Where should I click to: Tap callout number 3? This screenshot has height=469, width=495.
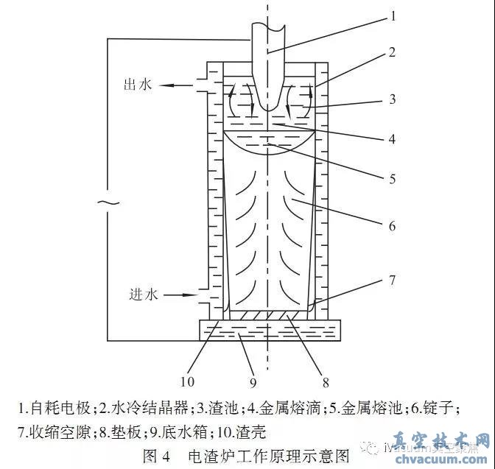[393, 98]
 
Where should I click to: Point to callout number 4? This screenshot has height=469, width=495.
[393, 138]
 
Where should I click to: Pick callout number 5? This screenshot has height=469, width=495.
[393, 178]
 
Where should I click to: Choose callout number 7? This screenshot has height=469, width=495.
[393, 280]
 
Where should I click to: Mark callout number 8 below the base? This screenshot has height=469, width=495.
[325, 381]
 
